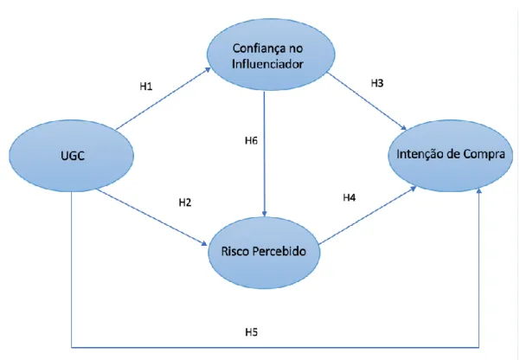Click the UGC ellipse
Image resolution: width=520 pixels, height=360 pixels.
click(x=71, y=156)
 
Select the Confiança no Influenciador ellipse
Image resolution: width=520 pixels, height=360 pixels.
click(x=271, y=55)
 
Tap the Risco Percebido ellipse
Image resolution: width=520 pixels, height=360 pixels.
click(x=264, y=252)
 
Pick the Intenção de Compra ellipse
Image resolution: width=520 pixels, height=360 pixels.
click(x=451, y=155)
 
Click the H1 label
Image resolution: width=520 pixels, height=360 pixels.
click(x=146, y=87)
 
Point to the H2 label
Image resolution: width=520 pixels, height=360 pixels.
click(x=184, y=202)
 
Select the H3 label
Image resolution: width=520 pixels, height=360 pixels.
click(x=376, y=83)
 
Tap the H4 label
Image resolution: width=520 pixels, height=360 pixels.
click(x=349, y=198)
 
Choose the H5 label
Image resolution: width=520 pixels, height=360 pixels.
click(x=252, y=332)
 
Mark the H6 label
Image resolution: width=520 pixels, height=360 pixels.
click(x=251, y=141)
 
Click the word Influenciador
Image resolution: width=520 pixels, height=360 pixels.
click(x=267, y=64)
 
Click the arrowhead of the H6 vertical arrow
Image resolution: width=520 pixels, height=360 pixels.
click(x=264, y=214)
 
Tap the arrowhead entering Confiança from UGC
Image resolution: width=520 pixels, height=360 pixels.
click(x=208, y=69)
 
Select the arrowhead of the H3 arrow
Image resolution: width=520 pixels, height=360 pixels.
click(x=403, y=128)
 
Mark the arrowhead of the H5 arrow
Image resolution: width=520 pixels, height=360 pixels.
click(x=478, y=191)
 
